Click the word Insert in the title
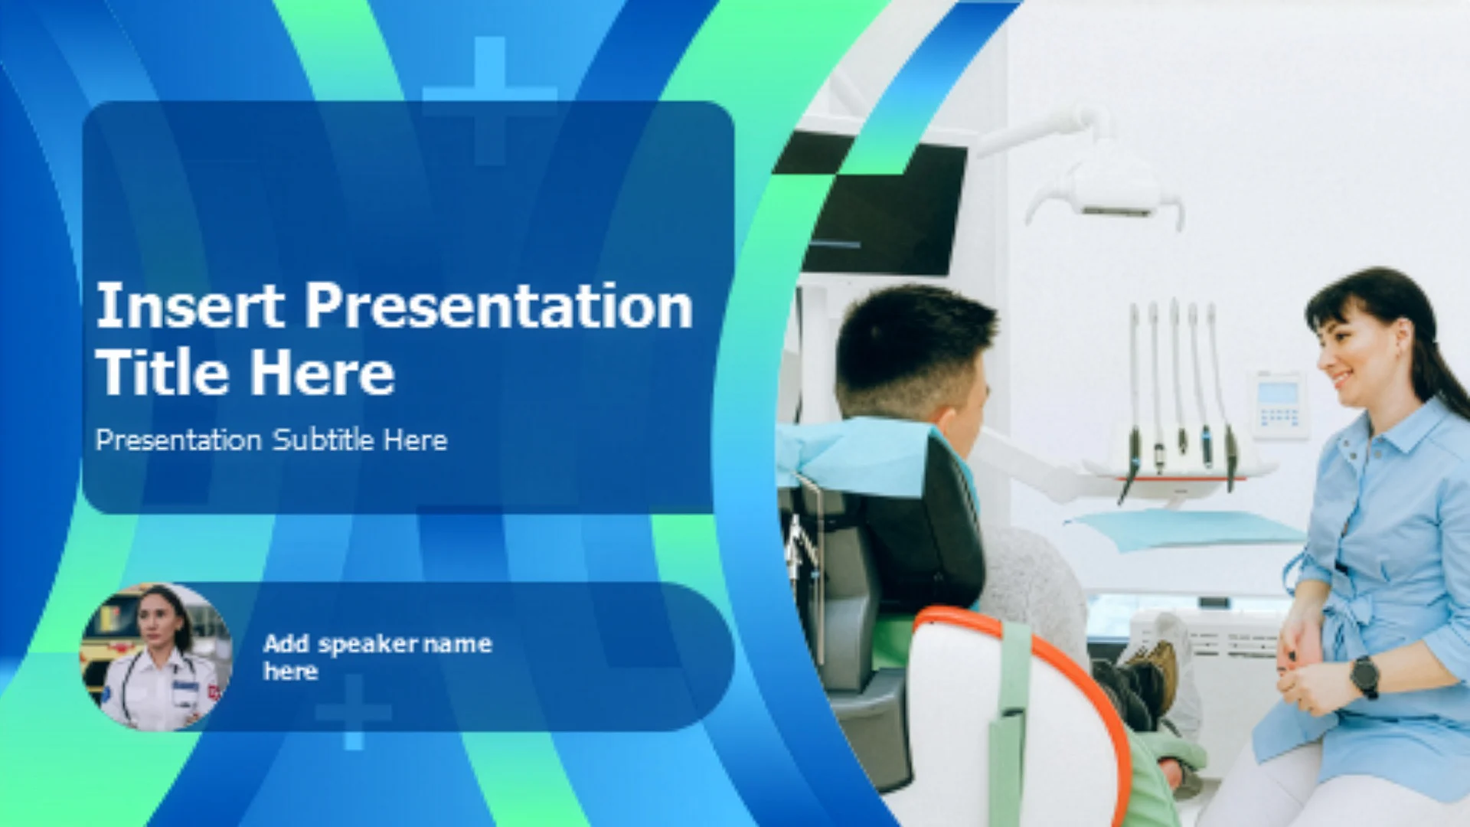click(190, 306)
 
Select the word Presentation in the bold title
click(499, 306)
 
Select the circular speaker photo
click(157, 657)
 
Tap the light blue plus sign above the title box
click(489, 100)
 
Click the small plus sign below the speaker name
click(353, 712)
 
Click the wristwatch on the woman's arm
click(1364, 676)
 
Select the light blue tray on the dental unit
click(1183, 529)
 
